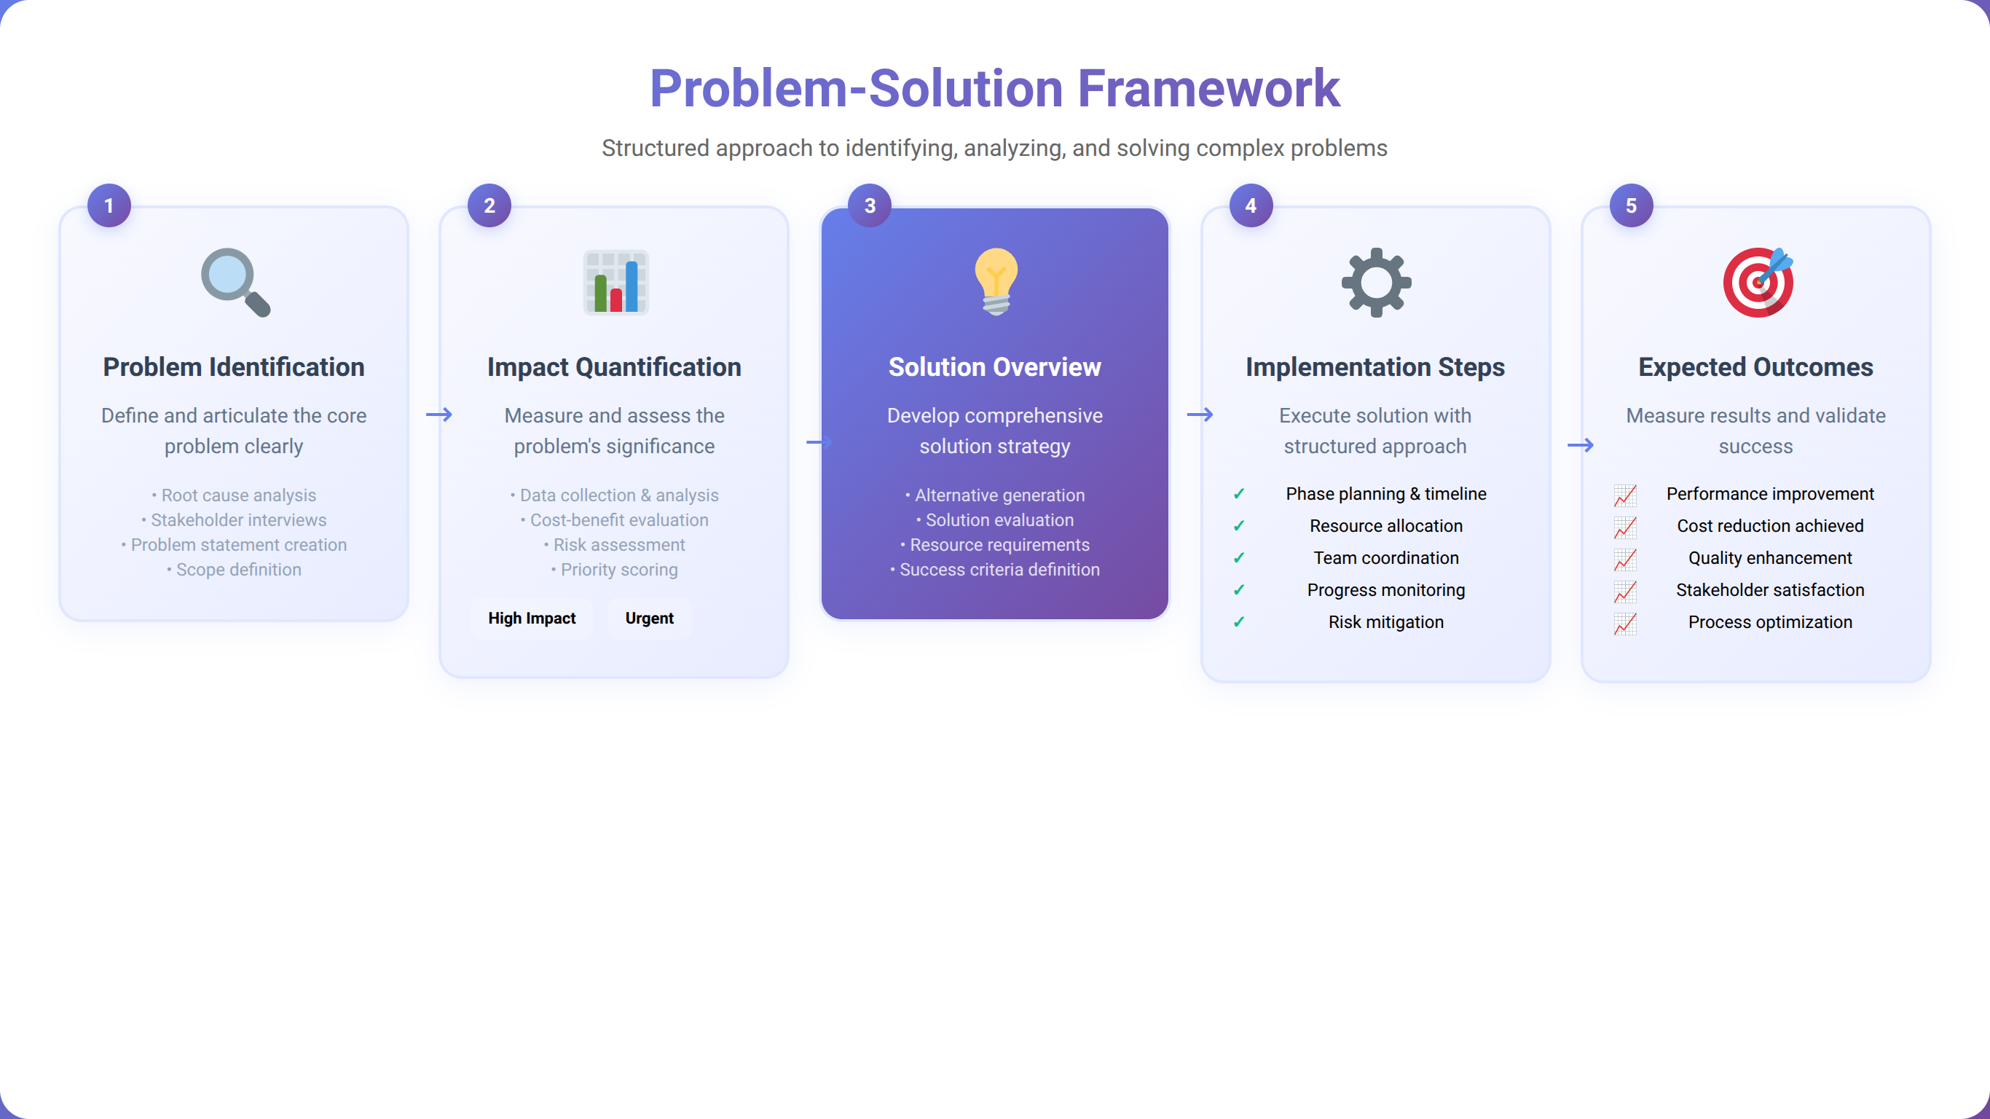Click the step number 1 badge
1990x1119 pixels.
pos(109,205)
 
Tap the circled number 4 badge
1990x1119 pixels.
pos(1251,205)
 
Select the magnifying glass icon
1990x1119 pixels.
pos(235,282)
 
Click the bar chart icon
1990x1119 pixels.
pos(616,282)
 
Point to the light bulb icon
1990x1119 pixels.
pos(996,281)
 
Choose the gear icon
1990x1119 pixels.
pos(1376,282)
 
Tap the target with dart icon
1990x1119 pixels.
pos(1758,282)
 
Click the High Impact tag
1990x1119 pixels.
pos(532,619)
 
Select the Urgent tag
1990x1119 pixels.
pos(649,619)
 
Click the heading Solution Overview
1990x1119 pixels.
pos(994,367)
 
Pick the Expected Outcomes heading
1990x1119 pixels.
pos(1755,367)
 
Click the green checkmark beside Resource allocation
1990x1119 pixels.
pos(1239,526)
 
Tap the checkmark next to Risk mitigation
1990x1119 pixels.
pos(1239,622)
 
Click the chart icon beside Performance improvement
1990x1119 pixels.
pos(1624,495)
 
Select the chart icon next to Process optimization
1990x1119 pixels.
pos(1624,623)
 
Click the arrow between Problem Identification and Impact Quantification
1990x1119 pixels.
pos(438,415)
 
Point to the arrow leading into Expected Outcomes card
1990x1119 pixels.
pos(1580,445)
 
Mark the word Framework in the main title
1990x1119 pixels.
pos(1208,88)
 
